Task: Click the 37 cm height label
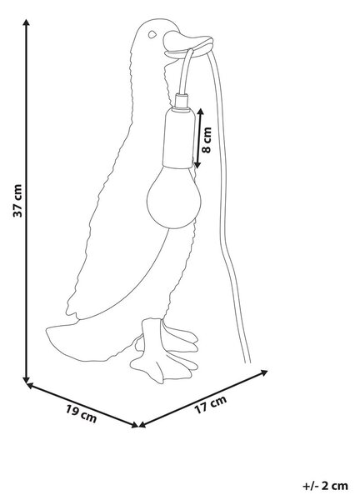point(17,201)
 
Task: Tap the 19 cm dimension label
point(81,413)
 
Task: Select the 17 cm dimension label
point(211,404)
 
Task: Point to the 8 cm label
point(207,140)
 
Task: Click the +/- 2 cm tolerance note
point(325,486)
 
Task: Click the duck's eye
point(152,34)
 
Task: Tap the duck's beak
point(188,45)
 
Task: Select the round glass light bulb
point(174,197)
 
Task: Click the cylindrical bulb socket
point(178,137)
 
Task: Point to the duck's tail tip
point(47,331)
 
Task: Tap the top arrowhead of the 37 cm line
point(27,22)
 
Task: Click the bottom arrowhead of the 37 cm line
point(27,380)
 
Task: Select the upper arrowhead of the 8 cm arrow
point(200,112)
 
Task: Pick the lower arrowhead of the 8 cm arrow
point(197,164)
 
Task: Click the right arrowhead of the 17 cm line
point(264,372)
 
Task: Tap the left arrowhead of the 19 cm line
point(30,385)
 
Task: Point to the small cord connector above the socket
point(181,101)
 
